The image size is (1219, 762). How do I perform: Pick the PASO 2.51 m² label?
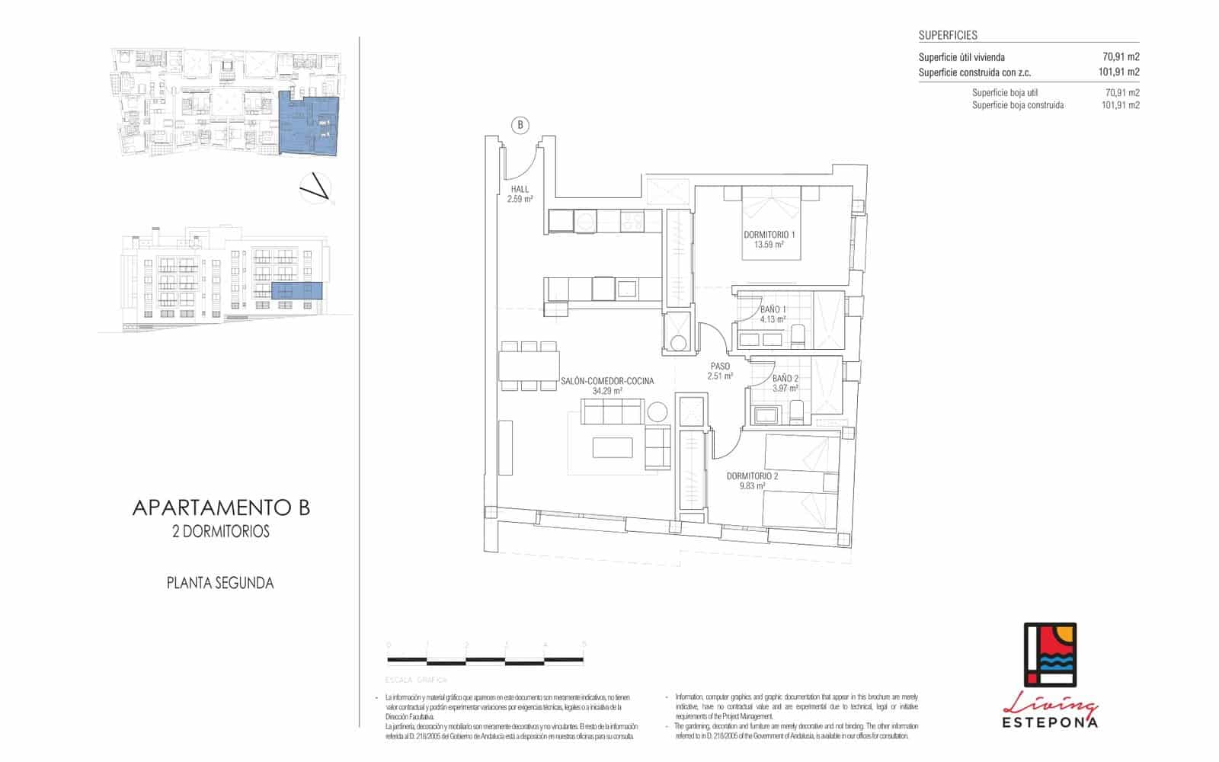coord(719,371)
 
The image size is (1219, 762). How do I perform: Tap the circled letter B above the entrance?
coord(520,125)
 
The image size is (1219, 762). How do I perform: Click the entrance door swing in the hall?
coord(523,164)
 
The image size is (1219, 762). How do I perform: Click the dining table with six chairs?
coord(530,366)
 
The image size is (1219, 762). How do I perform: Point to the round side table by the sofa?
coord(657,413)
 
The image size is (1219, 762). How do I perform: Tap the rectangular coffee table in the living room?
coord(613,447)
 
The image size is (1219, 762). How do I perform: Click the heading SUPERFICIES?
coord(948,35)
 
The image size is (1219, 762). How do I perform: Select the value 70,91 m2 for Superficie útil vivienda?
coord(1121,57)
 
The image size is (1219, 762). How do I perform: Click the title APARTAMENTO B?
coord(221,508)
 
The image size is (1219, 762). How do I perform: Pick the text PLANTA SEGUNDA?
coord(220,584)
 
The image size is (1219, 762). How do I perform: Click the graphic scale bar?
coord(485,659)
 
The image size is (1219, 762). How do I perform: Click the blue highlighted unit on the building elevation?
coord(297,290)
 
